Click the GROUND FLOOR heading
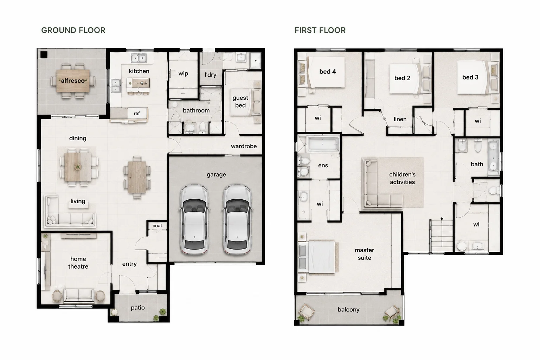73,30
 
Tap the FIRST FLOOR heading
320,30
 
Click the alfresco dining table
73,81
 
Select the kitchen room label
139,71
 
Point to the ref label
137,113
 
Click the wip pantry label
183,73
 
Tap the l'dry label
211,75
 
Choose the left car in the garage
194,219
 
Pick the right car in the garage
237,219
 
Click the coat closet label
157,226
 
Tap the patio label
138,308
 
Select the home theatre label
78,263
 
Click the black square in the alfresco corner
44,55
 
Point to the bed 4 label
328,72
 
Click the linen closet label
400,119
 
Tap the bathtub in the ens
322,144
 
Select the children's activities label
402,178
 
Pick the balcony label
349,310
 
